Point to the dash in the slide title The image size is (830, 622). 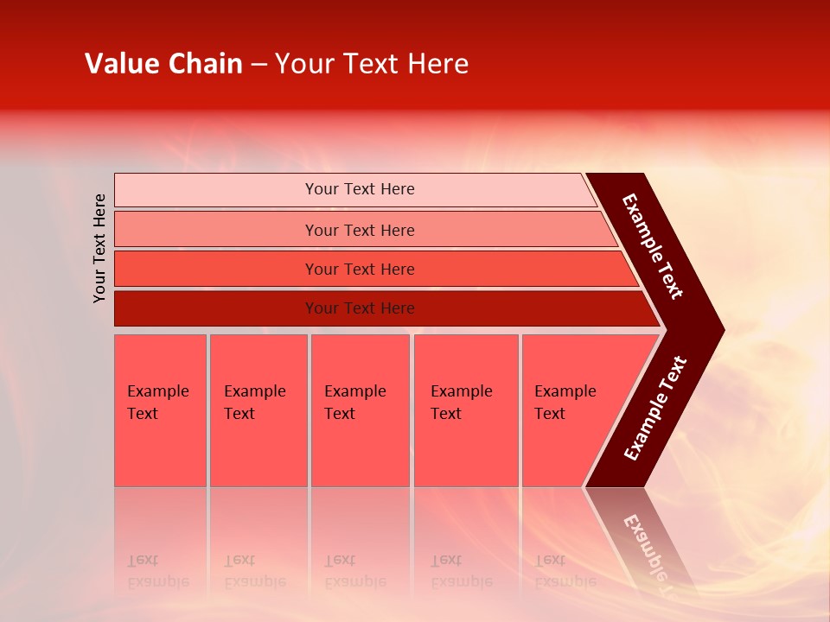point(259,65)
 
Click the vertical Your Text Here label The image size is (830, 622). point(99,248)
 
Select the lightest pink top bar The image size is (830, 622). point(359,189)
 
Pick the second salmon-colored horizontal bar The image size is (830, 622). point(359,230)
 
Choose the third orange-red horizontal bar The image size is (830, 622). point(359,269)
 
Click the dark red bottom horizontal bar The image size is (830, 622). point(359,308)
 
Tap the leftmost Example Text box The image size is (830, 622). point(160,410)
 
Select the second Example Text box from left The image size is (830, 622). point(258,410)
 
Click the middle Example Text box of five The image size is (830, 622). point(359,410)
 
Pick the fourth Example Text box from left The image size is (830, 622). point(465,410)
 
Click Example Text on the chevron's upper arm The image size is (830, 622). point(653,246)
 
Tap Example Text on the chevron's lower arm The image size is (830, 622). point(654,409)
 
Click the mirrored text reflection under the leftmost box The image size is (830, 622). point(157,571)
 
